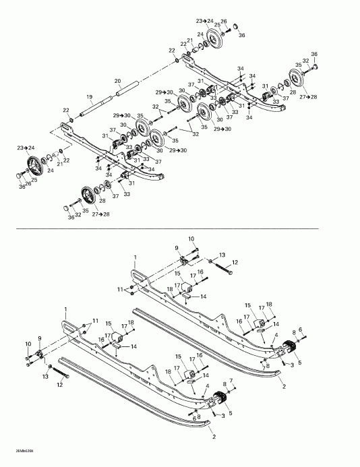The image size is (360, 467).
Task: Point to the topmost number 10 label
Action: click(191, 239)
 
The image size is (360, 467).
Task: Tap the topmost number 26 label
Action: click(224, 22)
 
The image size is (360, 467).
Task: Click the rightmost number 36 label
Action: click(313, 54)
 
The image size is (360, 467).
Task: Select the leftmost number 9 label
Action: click(40, 338)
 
